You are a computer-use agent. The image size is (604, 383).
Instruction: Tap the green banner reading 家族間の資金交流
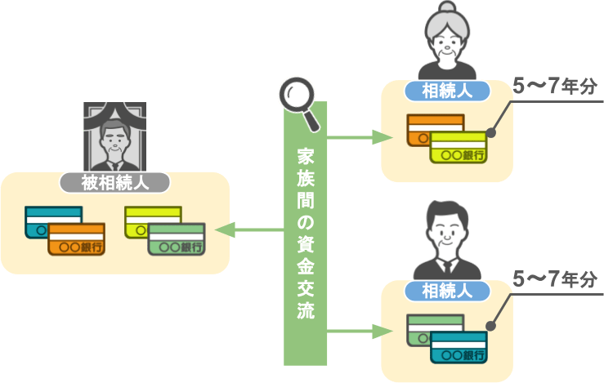tap(305, 237)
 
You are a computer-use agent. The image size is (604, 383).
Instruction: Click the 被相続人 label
tap(114, 182)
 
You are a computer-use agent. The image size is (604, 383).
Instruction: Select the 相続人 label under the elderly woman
tap(446, 91)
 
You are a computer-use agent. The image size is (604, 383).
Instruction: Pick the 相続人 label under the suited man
tap(446, 289)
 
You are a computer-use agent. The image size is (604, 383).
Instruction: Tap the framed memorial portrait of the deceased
tap(114, 137)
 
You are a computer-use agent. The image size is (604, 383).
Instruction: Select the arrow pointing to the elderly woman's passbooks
tap(360, 137)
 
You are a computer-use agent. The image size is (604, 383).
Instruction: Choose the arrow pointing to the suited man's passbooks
tap(360, 331)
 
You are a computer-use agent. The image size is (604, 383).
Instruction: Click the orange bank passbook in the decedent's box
tap(77, 239)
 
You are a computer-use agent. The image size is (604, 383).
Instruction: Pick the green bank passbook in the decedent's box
tap(177, 239)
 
